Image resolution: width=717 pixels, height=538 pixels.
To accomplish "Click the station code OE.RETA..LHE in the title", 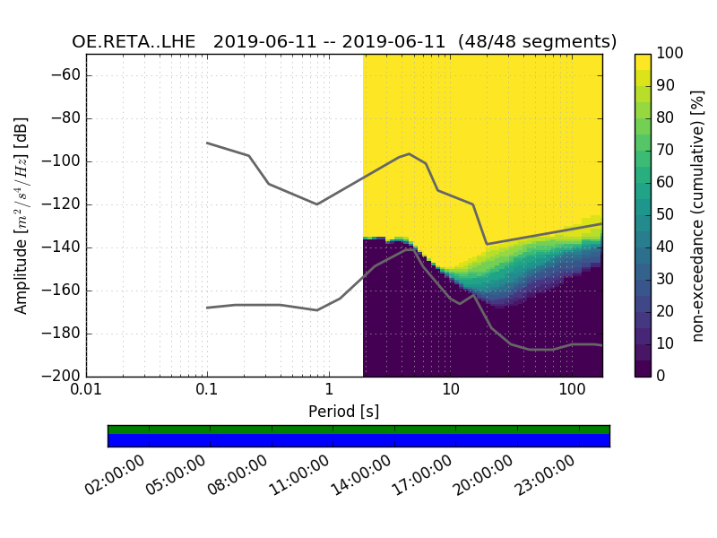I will coord(137,42).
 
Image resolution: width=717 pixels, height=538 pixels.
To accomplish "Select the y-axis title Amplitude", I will coord(22,215).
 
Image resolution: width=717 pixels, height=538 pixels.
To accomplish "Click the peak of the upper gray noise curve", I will coord(409,154).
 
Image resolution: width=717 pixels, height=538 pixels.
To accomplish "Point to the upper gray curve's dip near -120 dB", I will coord(316,204).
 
